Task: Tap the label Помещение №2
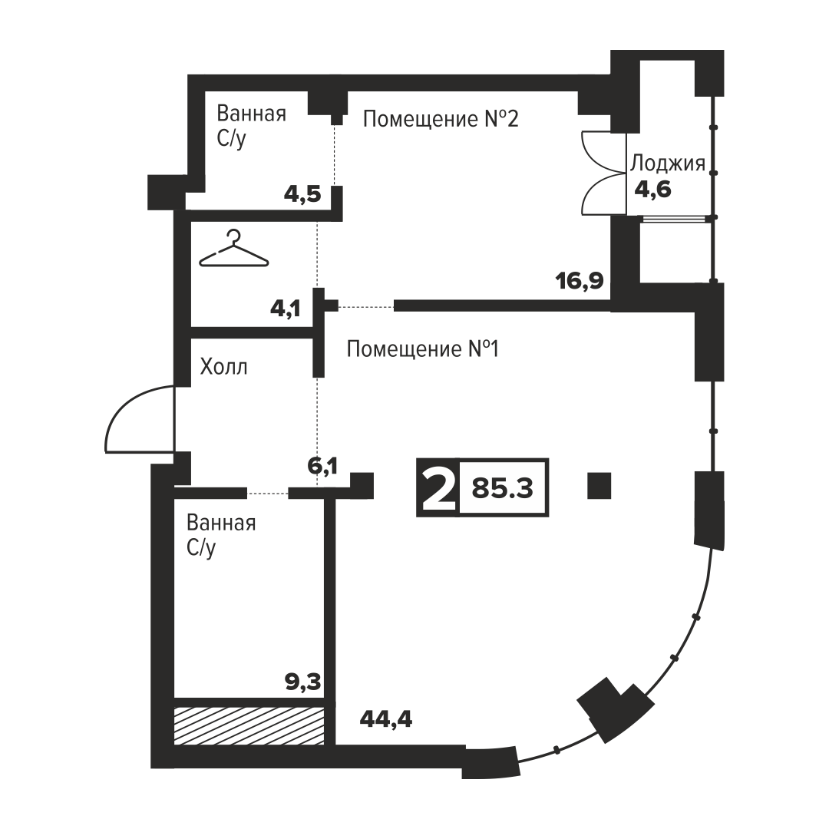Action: (441, 119)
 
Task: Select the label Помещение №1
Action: (423, 349)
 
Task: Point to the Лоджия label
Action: (668, 164)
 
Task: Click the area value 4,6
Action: (653, 189)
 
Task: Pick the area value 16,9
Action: (580, 281)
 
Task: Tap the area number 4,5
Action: (302, 194)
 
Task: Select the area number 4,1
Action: (286, 308)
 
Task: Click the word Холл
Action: (223, 366)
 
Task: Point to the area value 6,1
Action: (322, 466)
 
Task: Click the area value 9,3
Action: (303, 682)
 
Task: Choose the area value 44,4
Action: (386, 718)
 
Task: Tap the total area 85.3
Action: (502, 488)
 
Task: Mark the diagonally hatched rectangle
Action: (249, 726)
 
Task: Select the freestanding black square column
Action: (599, 486)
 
